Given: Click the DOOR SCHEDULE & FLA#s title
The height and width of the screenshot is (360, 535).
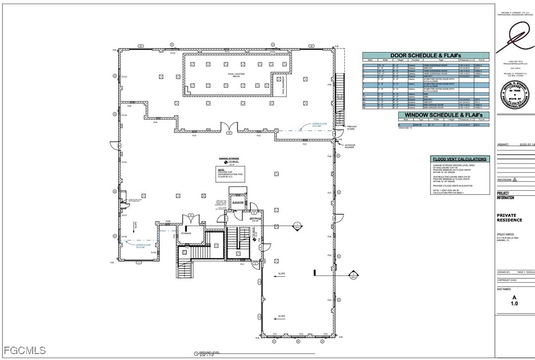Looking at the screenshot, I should (x=426, y=55).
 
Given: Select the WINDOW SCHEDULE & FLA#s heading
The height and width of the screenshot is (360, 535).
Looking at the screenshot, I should (x=443, y=115).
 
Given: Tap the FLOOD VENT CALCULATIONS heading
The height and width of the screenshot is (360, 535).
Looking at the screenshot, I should (x=459, y=159).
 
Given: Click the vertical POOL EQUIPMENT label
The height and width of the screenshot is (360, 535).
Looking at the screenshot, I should (x=283, y=85).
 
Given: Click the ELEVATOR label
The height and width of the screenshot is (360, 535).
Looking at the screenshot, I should (x=238, y=203).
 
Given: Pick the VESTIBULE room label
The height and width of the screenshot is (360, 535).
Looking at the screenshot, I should (x=255, y=218).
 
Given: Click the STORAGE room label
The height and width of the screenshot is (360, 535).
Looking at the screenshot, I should (x=186, y=232).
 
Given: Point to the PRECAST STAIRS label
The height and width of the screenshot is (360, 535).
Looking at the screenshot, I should (x=352, y=128).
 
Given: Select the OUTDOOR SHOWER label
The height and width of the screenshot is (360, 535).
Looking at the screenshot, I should (x=350, y=146).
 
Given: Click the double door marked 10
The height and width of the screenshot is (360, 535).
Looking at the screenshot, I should (x=228, y=128).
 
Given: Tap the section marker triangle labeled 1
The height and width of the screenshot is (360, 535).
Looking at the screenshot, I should (x=297, y=226).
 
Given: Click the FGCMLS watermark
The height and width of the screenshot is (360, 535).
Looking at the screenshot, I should (x=23, y=351).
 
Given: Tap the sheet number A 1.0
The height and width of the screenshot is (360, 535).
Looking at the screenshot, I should (x=514, y=300).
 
